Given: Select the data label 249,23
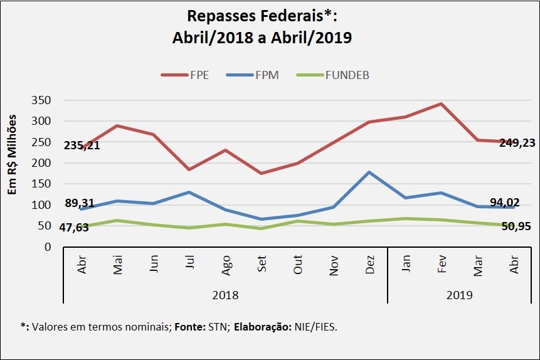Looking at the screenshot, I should click(517, 143).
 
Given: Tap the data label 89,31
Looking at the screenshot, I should click(78, 203).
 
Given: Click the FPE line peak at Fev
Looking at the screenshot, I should click(442, 104).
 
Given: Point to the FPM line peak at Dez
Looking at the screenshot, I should click(370, 172).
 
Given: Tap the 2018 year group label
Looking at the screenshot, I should click(226, 294).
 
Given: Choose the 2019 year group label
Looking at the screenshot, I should click(460, 294).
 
